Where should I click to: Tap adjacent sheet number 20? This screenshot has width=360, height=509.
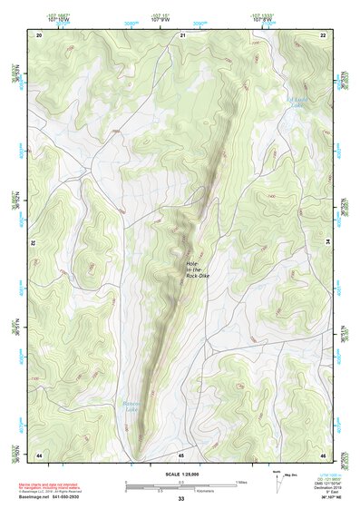coord(39,35)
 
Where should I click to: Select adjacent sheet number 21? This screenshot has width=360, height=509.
coord(182,35)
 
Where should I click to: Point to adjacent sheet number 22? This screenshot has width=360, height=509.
coord(323,35)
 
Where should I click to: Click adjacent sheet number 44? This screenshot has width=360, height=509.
coord(39,454)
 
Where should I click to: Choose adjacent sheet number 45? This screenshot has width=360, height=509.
coord(181,454)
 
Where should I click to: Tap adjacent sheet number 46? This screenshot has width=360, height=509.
coord(323,454)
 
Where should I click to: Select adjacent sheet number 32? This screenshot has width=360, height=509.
coord(32,243)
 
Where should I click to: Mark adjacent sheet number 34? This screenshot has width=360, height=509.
coord(328,243)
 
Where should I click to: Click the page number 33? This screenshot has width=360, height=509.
coord(180,499)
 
